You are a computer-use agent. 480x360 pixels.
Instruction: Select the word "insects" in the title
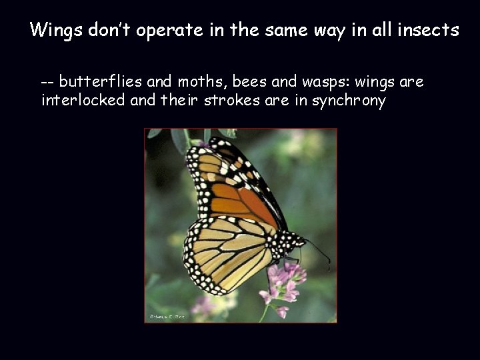click(x=428, y=30)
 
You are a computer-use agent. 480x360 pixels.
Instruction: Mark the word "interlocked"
click(x=81, y=101)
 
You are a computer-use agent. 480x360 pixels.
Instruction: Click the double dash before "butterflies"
click(x=47, y=83)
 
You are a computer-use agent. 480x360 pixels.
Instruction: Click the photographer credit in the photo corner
click(x=167, y=317)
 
